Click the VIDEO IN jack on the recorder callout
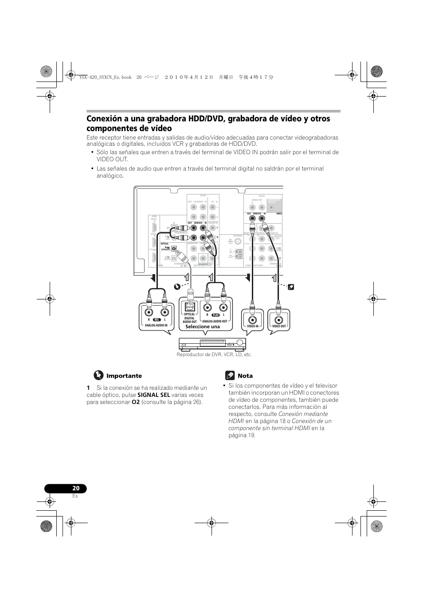[x=252, y=320]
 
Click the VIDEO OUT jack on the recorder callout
[x=279, y=320]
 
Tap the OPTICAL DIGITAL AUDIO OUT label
[x=190, y=318]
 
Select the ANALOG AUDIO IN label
[x=156, y=325]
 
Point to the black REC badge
[x=157, y=319]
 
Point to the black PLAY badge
[x=215, y=315]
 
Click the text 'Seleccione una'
[x=202, y=327]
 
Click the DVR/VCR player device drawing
[x=212, y=343]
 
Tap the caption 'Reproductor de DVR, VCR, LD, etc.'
[x=214, y=354]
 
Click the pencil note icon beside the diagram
[x=291, y=287]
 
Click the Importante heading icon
[x=98, y=375]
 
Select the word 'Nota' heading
[x=245, y=376]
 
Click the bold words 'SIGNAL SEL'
[x=153, y=395]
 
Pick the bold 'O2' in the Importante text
[x=136, y=402]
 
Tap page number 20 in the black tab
[x=76, y=488]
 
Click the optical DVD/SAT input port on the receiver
[x=174, y=249]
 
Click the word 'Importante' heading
[x=124, y=376]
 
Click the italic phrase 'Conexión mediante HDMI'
[x=278, y=418]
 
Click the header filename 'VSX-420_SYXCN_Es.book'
[x=106, y=77]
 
